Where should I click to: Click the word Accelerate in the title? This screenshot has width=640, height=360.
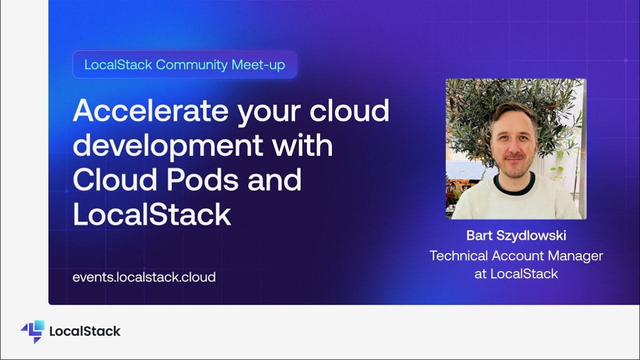(150, 111)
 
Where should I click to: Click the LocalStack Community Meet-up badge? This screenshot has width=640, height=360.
(184, 64)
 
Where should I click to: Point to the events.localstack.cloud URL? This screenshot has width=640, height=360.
(144, 277)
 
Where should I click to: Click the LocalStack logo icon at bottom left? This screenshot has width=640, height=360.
(33, 331)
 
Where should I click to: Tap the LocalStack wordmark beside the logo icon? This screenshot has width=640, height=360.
(85, 331)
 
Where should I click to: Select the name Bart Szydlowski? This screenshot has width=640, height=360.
(516, 235)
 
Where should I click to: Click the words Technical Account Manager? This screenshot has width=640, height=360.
(516, 256)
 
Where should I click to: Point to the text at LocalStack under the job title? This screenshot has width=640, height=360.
(516, 273)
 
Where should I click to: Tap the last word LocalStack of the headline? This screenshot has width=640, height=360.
(151, 214)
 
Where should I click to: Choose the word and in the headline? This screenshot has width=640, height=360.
(274, 180)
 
